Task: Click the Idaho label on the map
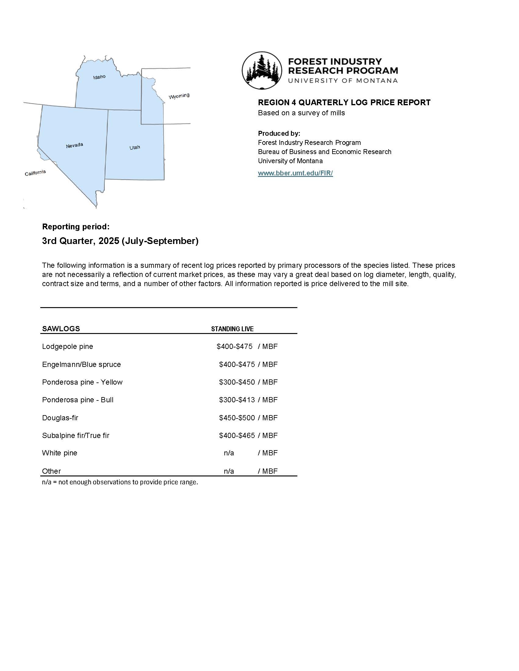tap(99, 77)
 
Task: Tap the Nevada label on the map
tap(74, 145)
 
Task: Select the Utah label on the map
tap(135, 148)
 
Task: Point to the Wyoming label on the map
tap(179, 96)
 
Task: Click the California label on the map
tap(35, 173)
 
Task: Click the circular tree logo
tap(262, 70)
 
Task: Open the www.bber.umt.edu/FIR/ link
tap(295, 173)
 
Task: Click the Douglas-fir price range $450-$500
tap(237, 418)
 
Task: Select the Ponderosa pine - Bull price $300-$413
tap(237, 400)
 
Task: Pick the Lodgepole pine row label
tap(67, 346)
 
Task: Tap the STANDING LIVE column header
tap(232, 329)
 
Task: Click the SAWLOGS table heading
tap(61, 329)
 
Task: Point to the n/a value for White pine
tap(229, 453)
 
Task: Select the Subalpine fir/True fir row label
tap(76, 436)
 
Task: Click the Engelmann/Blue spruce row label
tap(81, 364)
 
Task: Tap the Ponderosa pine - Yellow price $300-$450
tap(237, 382)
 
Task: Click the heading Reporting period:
tap(76, 227)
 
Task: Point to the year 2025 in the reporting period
tap(109, 241)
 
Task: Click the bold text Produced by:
tap(279, 134)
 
